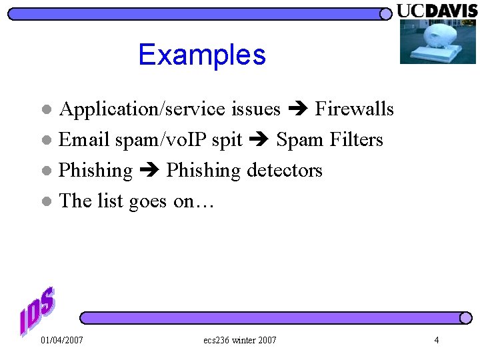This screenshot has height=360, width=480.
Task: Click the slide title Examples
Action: pyautogui.click(x=202, y=55)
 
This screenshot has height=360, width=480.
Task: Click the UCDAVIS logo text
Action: pyautogui.click(x=437, y=11)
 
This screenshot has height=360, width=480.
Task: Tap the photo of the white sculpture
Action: pyautogui.click(x=437, y=41)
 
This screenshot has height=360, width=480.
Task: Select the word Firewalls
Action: pyautogui.click(x=354, y=109)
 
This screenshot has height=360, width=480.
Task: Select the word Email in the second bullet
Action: pyautogui.click(x=84, y=140)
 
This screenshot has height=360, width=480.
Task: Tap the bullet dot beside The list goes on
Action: pyautogui.click(x=45, y=201)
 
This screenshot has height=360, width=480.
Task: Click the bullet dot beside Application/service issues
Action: pyautogui.click(x=45, y=109)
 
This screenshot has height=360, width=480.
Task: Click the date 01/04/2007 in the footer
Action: pyautogui.click(x=62, y=341)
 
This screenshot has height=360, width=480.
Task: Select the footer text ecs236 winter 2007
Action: pyautogui.click(x=240, y=341)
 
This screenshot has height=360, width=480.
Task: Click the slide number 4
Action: pyautogui.click(x=437, y=341)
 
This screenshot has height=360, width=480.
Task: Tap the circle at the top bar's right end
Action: pyautogui.click(x=385, y=14)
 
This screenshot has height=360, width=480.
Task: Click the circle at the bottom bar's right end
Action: pyautogui.click(x=465, y=318)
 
